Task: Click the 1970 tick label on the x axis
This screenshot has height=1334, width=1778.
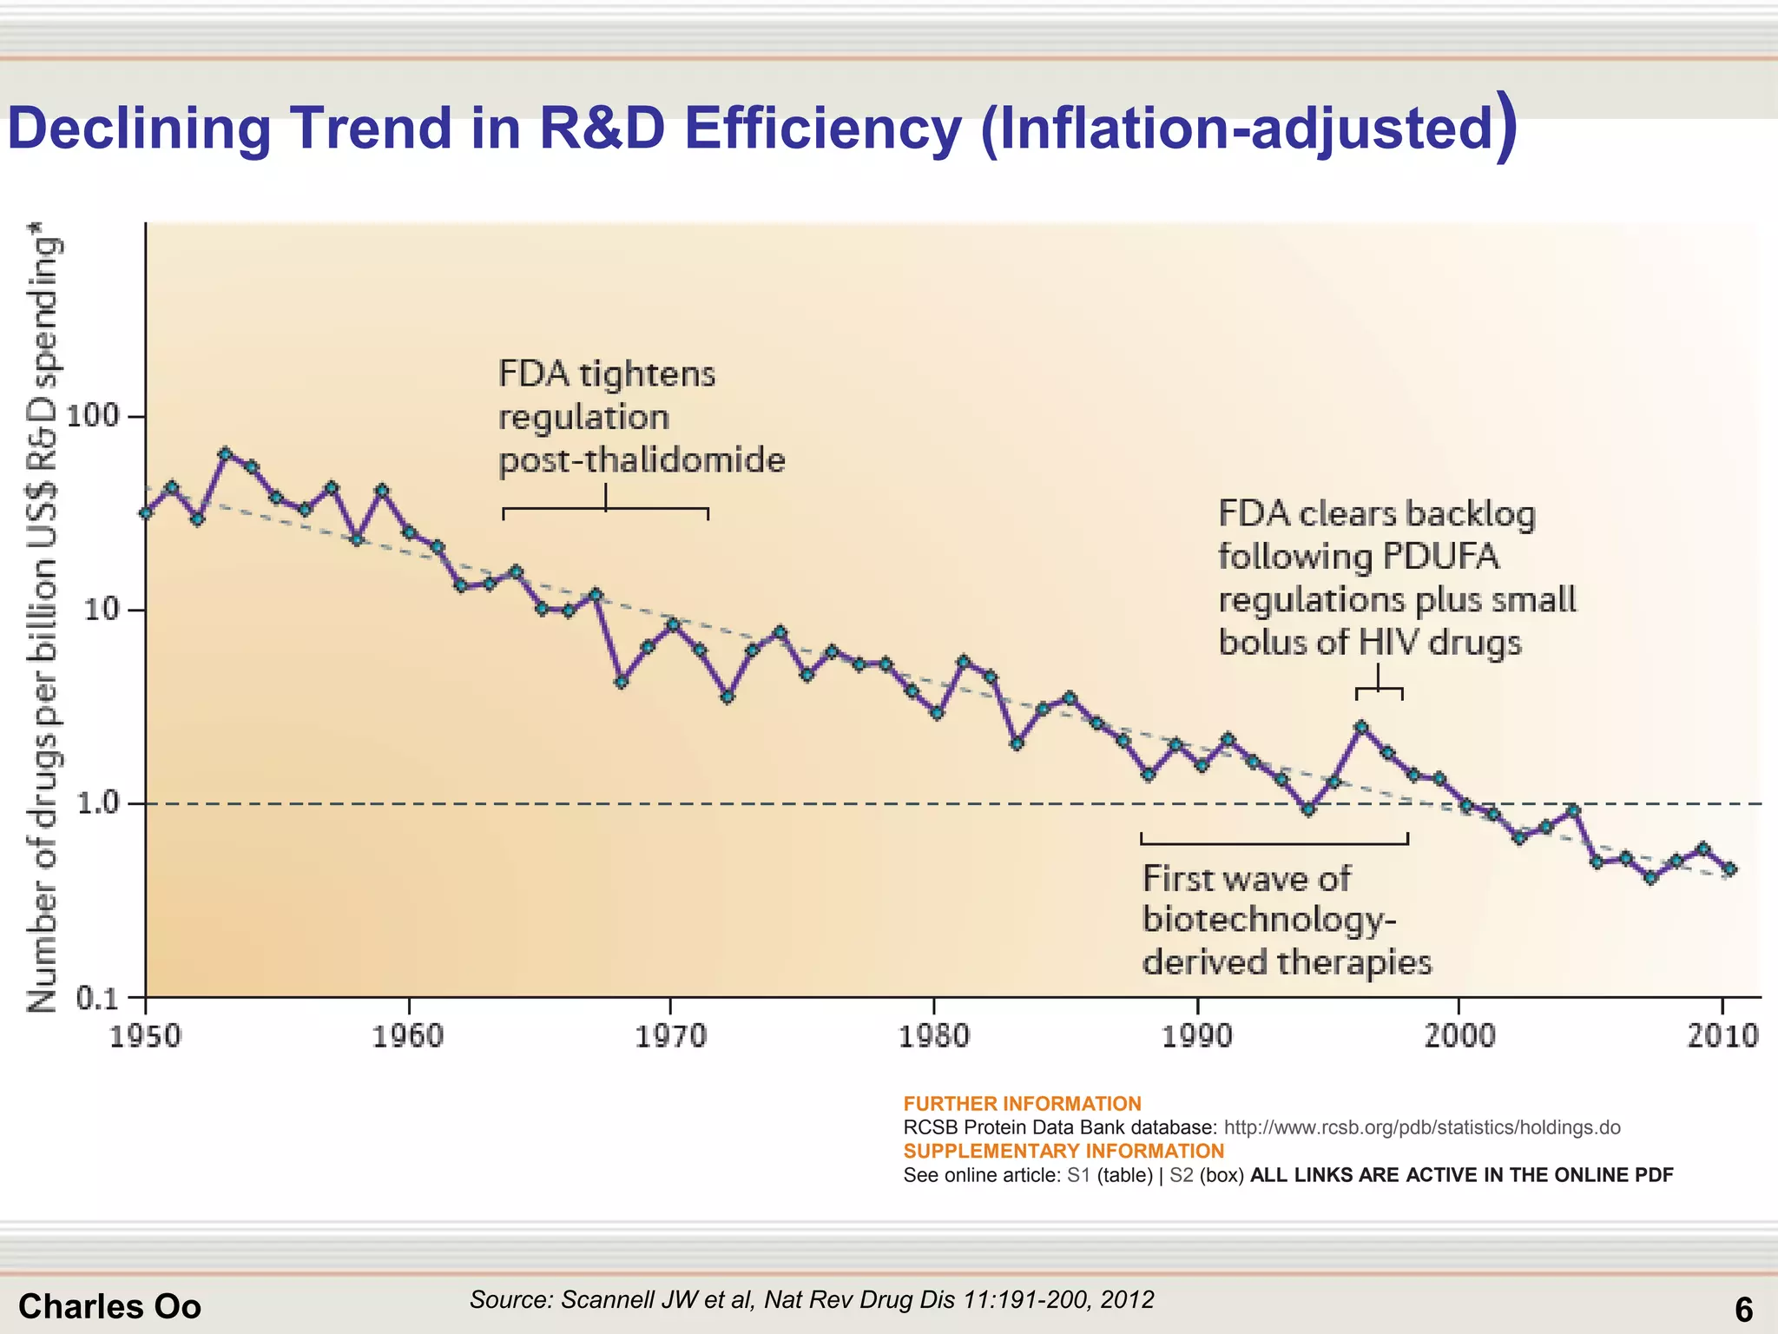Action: (670, 1036)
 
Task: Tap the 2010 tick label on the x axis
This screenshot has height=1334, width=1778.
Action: (1722, 1036)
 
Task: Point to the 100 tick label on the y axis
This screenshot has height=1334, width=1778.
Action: (92, 416)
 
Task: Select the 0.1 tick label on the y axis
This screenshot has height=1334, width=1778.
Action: (97, 998)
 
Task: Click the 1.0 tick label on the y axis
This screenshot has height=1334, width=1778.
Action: (97, 803)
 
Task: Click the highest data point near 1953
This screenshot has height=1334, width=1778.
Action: (225, 453)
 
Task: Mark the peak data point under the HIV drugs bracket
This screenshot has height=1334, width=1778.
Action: (1362, 727)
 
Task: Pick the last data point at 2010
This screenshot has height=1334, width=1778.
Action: (1729, 869)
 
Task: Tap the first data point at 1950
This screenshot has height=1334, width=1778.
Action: (146, 513)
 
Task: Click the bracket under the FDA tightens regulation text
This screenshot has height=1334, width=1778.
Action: (605, 509)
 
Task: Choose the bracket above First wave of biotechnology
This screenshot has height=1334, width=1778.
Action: (1274, 842)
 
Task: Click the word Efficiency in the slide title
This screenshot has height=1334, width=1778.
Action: (822, 129)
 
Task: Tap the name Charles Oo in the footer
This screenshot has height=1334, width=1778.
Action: (109, 1306)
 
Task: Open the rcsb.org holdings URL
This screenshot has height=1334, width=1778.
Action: (1421, 1127)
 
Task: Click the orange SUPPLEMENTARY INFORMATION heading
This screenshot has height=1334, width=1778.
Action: (1064, 1151)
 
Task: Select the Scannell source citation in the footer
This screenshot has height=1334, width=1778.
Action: (812, 1299)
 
